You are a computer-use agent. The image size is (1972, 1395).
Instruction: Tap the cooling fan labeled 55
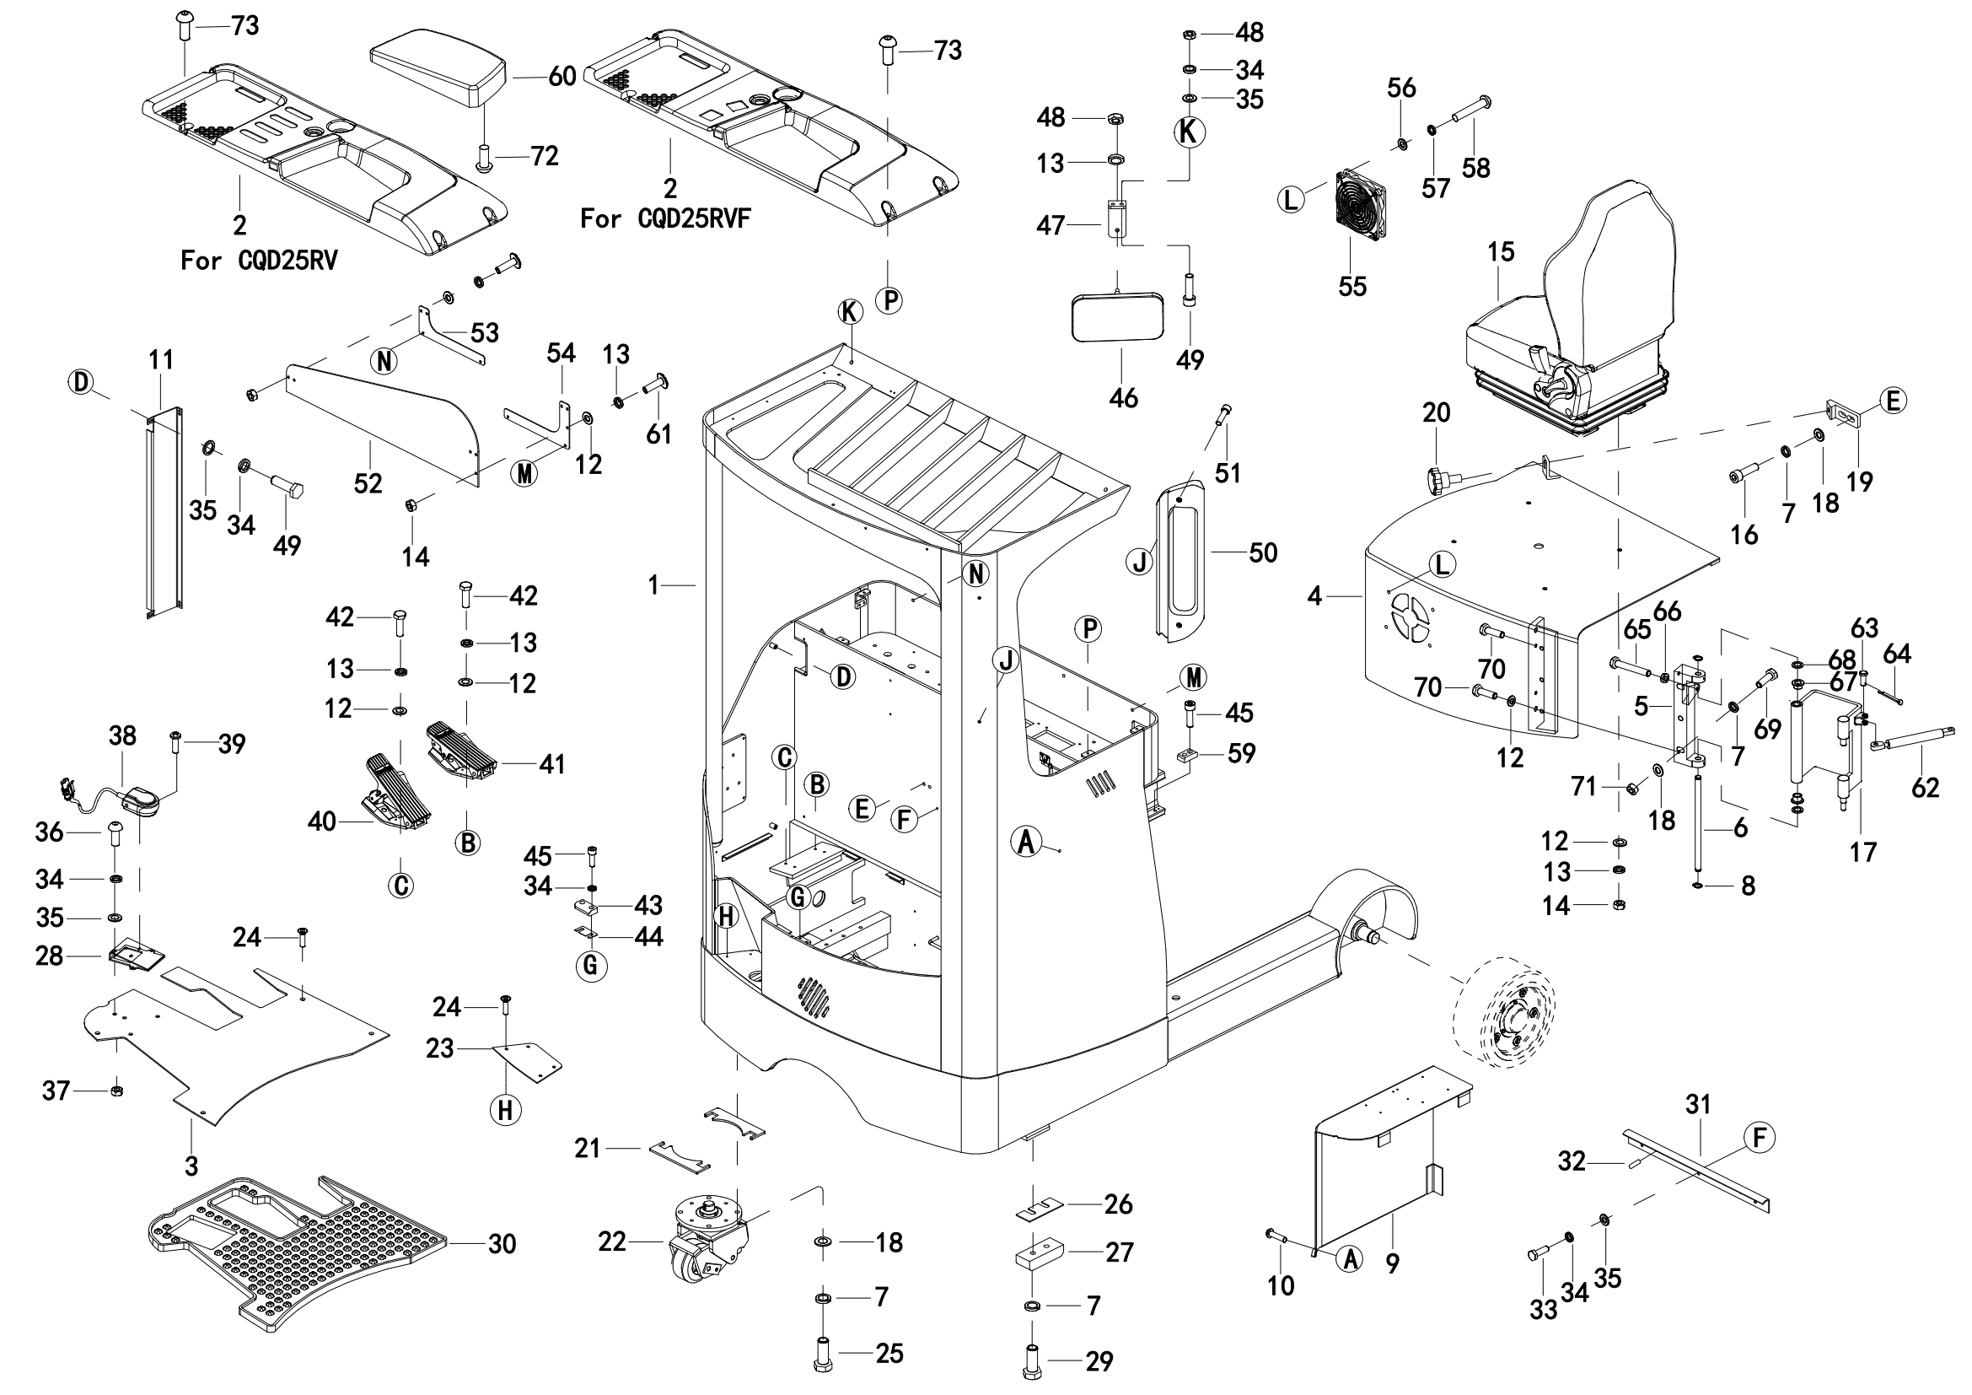coord(1362,205)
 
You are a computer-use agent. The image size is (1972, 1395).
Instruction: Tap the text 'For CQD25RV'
coord(259,261)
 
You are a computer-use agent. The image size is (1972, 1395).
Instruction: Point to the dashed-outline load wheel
coord(1503,1014)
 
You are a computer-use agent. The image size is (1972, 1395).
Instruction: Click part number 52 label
coord(368,483)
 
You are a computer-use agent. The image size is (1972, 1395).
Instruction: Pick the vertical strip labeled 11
coord(164,513)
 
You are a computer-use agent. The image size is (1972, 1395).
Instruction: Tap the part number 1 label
coord(653,586)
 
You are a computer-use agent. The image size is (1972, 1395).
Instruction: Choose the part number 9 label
coord(1392,1263)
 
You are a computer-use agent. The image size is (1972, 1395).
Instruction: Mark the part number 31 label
coord(1698,1105)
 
